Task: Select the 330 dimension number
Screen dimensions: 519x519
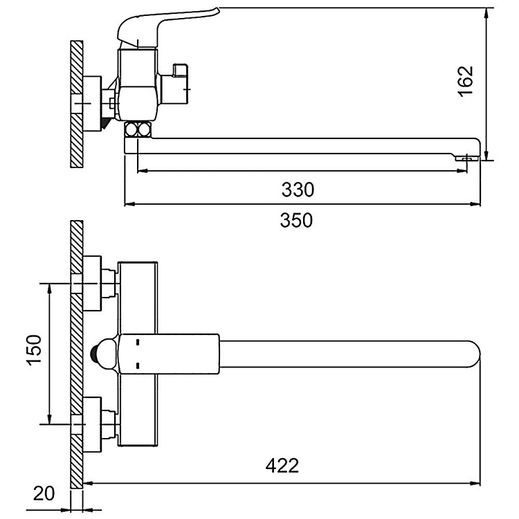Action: point(297,189)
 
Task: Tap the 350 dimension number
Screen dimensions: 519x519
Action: point(297,221)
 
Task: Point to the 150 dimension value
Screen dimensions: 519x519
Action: point(35,352)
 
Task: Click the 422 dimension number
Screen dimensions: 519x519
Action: point(282,465)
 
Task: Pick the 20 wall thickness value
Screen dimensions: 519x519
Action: point(44,493)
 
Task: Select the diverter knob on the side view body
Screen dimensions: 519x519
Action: point(179,80)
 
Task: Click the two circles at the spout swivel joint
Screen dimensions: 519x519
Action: point(138,129)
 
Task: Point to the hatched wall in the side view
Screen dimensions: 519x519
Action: point(77,104)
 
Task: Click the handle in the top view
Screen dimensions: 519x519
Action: point(170,352)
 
